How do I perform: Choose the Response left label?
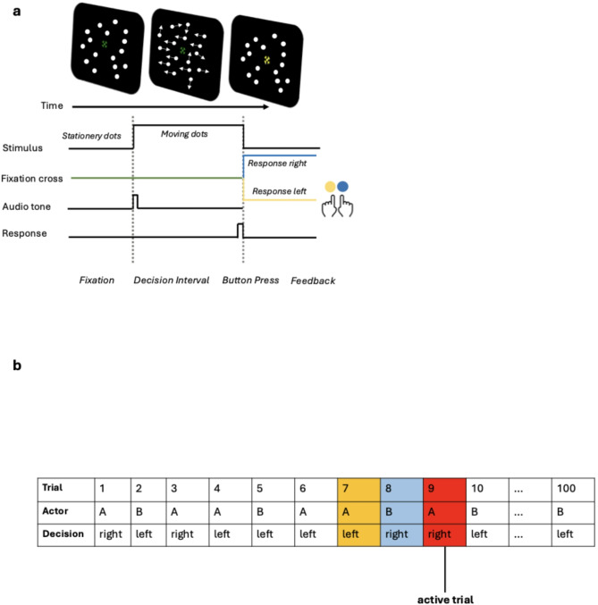coord(279,190)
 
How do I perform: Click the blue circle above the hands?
coord(344,187)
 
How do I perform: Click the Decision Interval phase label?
coord(171,280)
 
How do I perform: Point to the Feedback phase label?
coord(313,280)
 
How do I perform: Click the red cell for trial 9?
coord(443,490)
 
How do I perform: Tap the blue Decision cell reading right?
coord(400,534)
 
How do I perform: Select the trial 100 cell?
coord(572,490)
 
